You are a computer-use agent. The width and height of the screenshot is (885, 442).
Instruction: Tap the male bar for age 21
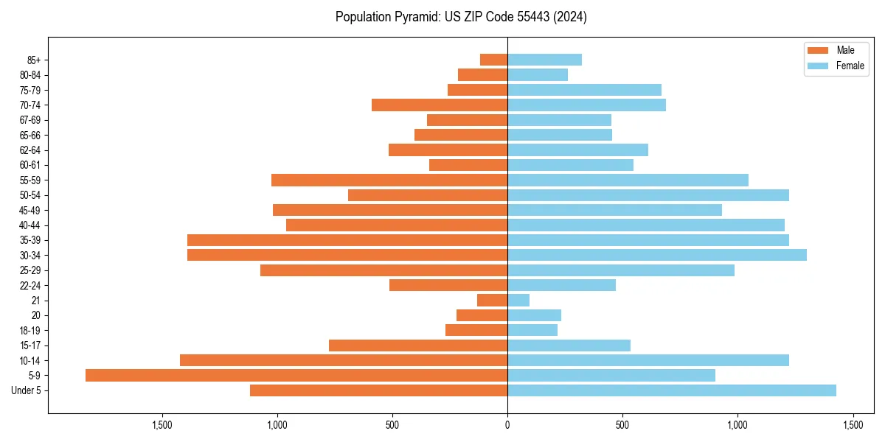click(492, 300)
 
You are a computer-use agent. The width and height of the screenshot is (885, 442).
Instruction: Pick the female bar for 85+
click(544, 60)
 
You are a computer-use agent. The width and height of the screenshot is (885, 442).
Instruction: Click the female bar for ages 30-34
click(657, 255)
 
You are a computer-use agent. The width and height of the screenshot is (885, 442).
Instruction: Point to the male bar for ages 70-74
click(440, 105)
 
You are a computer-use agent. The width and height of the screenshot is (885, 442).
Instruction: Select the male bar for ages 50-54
click(428, 195)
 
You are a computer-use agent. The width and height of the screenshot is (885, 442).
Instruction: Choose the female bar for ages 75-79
click(584, 90)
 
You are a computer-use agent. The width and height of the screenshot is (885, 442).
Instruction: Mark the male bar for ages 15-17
click(418, 345)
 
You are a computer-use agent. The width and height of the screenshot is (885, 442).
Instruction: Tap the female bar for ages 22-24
click(561, 285)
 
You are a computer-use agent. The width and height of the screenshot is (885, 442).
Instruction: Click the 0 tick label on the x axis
click(507, 426)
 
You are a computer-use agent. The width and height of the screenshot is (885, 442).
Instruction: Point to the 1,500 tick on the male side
click(162, 426)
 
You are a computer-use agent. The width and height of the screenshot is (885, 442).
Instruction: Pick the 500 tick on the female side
click(622, 426)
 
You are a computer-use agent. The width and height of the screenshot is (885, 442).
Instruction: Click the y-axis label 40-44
click(30, 225)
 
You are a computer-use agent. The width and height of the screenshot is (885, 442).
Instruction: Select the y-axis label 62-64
click(30, 150)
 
